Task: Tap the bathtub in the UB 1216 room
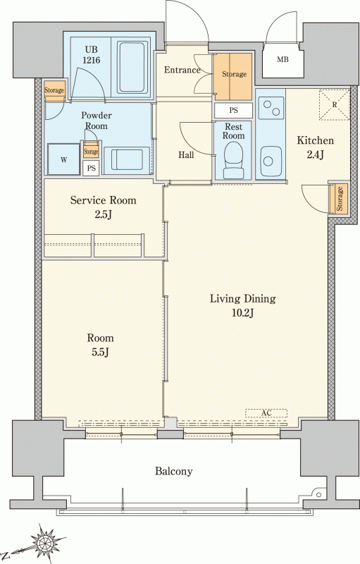pyautogui.click(x=132, y=67)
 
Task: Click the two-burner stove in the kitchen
pyautogui.click(x=271, y=108)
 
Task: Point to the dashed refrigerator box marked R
pyautogui.click(x=335, y=104)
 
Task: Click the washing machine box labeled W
pyautogui.click(x=63, y=159)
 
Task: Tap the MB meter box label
pyautogui.click(x=283, y=60)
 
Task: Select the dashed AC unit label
pyautogui.click(x=266, y=413)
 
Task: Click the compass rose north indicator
pyautogui.click(x=45, y=542)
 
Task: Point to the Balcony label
pyautogui.click(x=173, y=471)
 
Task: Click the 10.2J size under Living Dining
pyautogui.click(x=243, y=313)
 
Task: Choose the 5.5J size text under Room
pyautogui.click(x=100, y=352)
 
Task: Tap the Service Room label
pyautogui.click(x=103, y=200)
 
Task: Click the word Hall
pyautogui.click(x=186, y=155)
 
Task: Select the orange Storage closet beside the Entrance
pyautogui.click(x=232, y=77)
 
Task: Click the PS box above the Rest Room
pyautogui.click(x=233, y=111)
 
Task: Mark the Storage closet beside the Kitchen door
pyautogui.click(x=339, y=199)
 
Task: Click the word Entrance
pyautogui.click(x=182, y=70)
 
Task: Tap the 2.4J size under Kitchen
pyautogui.click(x=315, y=155)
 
